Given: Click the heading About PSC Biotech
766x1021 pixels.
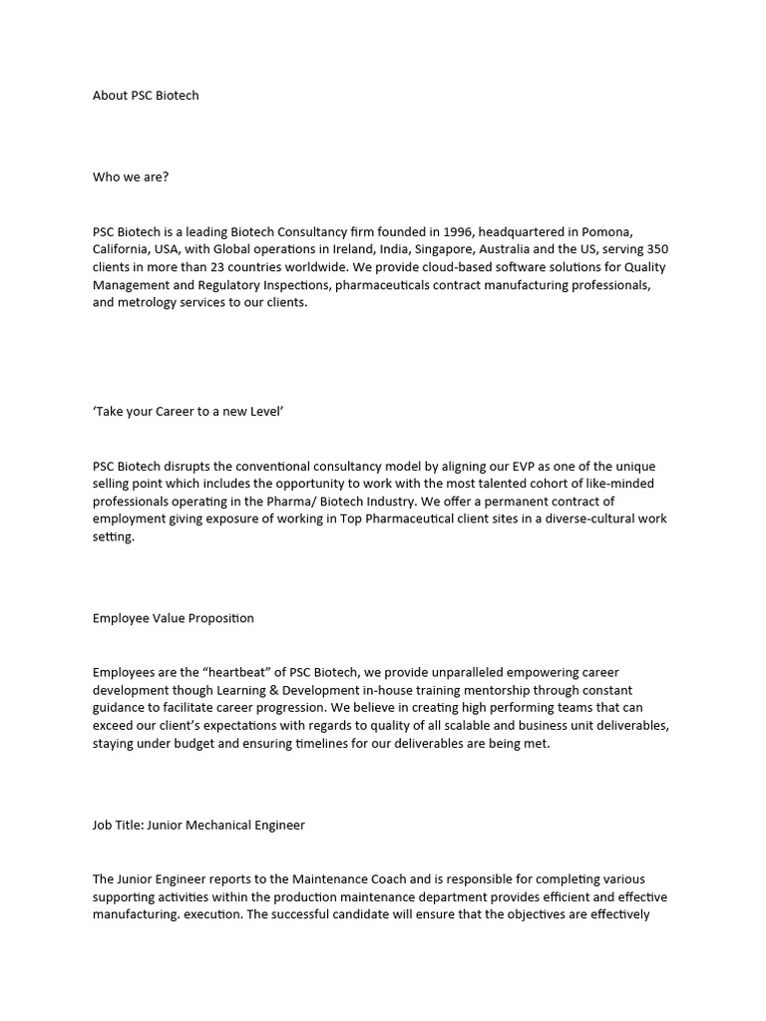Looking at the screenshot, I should [146, 96].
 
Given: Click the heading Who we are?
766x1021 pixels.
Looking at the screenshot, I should [131, 177].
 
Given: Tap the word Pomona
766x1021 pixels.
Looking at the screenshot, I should [631, 231].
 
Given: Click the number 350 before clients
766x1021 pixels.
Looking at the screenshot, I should [657, 249].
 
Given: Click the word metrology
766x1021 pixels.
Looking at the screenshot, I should [147, 303].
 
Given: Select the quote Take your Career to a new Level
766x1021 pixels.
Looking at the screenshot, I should [189, 411].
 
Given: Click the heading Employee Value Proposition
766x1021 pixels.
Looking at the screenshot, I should [174, 618].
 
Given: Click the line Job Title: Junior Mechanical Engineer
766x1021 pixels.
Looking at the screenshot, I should [198, 826].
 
